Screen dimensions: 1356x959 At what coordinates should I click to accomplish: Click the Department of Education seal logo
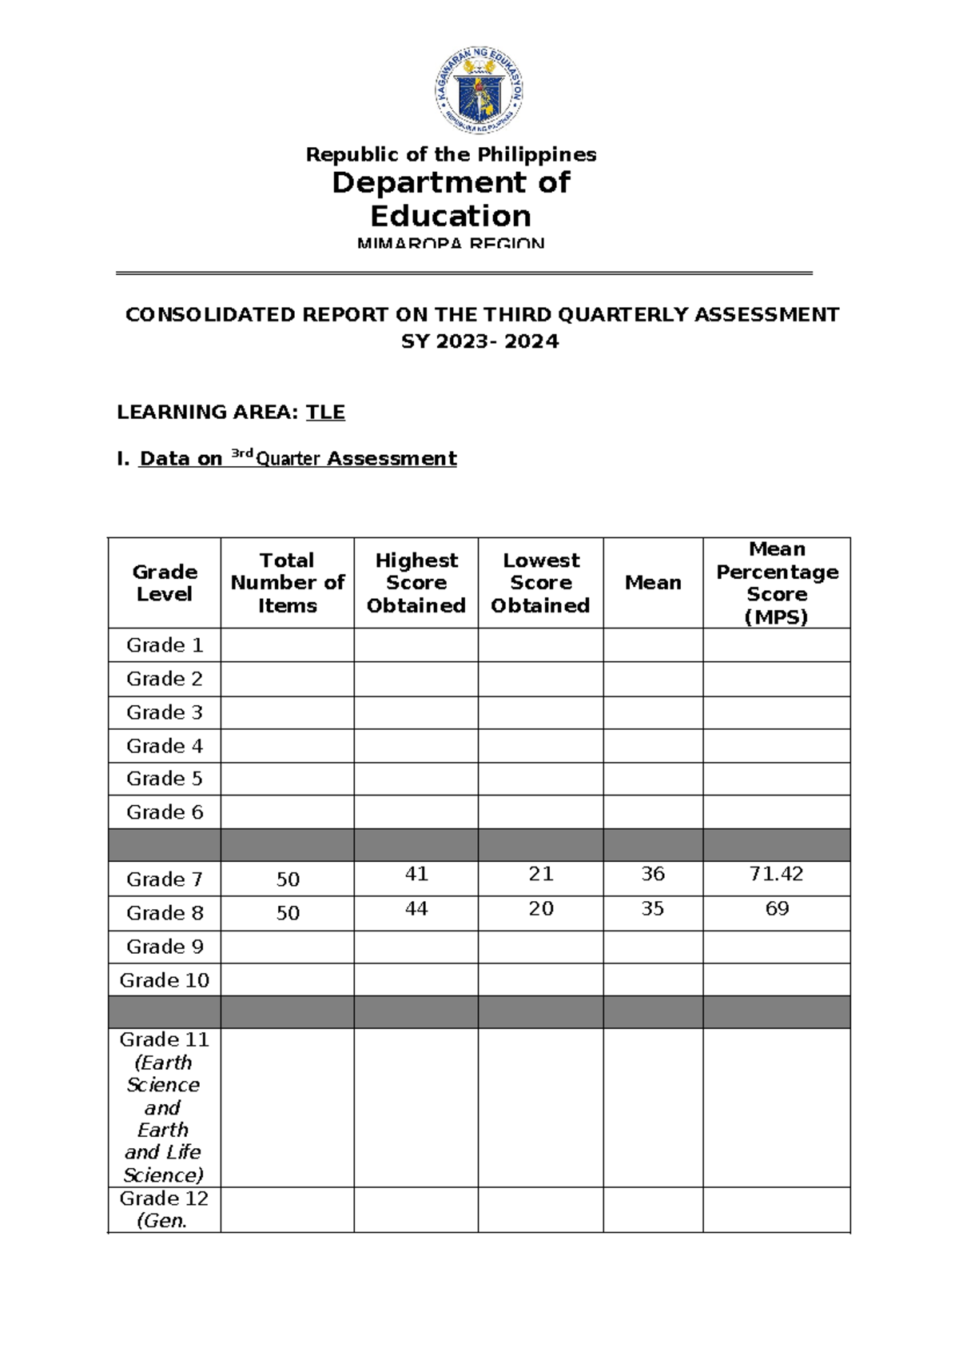pyautogui.click(x=479, y=90)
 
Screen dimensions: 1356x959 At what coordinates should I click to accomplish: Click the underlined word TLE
pyautogui.click(x=325, y=413)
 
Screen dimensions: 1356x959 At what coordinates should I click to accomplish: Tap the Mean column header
pyautogui.click(x=653, y=583)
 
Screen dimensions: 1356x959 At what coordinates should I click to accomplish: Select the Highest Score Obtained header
pyautogui.click(x=416, y=583)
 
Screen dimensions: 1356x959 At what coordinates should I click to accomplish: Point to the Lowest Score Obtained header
pyautogui.click(x=540, y=583)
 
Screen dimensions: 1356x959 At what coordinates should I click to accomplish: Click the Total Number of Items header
pyautogui.click(x=287, y=583)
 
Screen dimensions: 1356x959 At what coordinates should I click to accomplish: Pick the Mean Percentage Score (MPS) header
pyautogui.click(x=777, y=583)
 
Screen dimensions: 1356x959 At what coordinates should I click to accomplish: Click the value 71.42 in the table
pyautogui.click(x=776, y=874)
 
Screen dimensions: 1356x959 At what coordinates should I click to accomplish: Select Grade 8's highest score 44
pyautogui.click(x=416, y=909)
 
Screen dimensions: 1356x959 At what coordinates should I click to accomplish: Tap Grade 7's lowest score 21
pyautogui.click(x=541, y=874)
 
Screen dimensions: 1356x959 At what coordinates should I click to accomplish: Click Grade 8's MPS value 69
pyautogui.click(x=777, y=909)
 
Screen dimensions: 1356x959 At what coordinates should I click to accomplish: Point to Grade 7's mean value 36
pyautogui.click(x=653, y=874)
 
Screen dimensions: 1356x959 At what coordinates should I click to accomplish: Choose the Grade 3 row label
pyautogui.click(x=165, y=712)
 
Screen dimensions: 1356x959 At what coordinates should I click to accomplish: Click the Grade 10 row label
pyautogui.click(x=165, y=980)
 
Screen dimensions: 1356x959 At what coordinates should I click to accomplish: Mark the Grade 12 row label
pyautogui.click(x=164, y=1199)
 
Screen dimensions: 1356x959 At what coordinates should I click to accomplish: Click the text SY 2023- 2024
pyautogui.click(x=479, y=341)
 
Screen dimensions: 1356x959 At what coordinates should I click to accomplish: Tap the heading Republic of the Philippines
pyautogui.click(x=451, y=154)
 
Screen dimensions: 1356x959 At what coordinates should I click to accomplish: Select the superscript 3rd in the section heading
pyautogui.click(x=241, y=454)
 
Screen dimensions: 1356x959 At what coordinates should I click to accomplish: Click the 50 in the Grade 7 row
pyautogui.click(x=288, y=880)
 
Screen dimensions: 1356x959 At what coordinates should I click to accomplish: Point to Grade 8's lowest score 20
pyautogui.click(x=541, y=909)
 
